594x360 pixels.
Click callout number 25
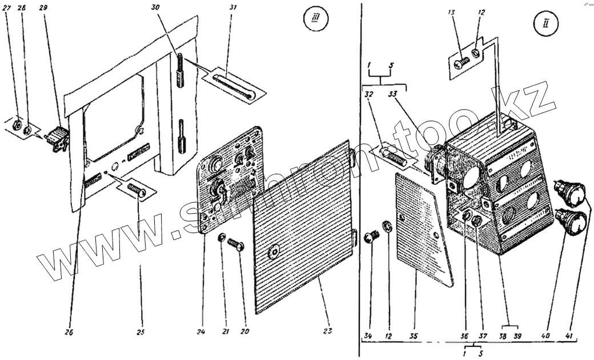[140, 331]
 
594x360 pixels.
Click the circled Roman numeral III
[312, 25]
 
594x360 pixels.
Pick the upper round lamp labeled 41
[572, 191]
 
